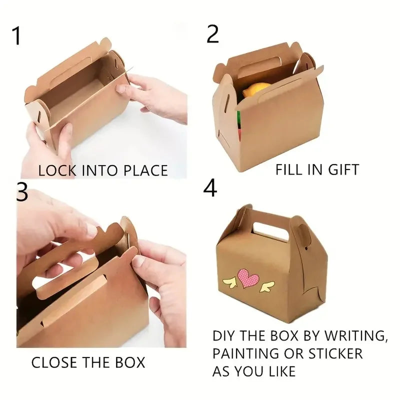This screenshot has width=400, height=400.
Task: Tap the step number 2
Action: coord(212,34)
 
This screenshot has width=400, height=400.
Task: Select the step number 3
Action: coord(22,191)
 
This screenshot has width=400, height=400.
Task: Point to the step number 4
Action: coord(210,188)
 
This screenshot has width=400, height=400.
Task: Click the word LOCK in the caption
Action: coord(57,170)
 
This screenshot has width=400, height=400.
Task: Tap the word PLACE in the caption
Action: coord(145,170)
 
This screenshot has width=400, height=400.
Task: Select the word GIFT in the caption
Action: coord(343,169)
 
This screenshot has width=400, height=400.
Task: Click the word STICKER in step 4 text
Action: coord(335,353)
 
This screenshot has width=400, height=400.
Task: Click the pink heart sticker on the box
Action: coord(247,278)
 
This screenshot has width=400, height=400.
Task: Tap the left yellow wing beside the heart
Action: coord(229,283)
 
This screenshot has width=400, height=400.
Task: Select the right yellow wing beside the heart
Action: coord(267,286)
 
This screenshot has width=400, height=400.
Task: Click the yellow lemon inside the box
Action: coord(256,89)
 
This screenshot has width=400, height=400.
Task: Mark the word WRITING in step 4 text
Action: coord(355,336)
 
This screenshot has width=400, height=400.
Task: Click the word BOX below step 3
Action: coord(130,362)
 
